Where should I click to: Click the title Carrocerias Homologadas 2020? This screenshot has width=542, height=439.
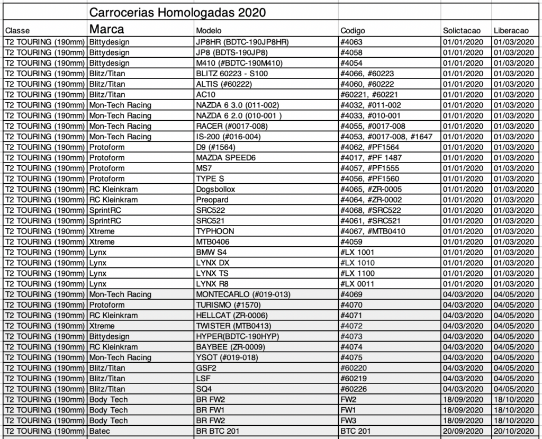point(177,12)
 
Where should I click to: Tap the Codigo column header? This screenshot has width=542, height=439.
point(353,31)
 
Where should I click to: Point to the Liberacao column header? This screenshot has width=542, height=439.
point(511,31)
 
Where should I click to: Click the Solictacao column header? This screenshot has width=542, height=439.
point(462,31)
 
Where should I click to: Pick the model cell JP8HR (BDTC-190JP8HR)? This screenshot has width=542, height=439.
point(241,42)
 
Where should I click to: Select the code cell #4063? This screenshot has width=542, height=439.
point(352,42)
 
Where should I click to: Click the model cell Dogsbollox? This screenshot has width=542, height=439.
point(215,189)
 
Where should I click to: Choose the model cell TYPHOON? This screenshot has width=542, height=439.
point(215,231)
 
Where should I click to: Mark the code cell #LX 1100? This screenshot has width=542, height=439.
point(357,273)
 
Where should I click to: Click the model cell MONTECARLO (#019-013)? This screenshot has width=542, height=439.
point(243,294)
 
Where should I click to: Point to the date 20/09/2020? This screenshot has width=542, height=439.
point(463,431)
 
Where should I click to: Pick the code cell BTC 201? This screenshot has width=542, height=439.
point(355,431)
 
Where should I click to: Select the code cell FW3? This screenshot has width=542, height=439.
point(348,420)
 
